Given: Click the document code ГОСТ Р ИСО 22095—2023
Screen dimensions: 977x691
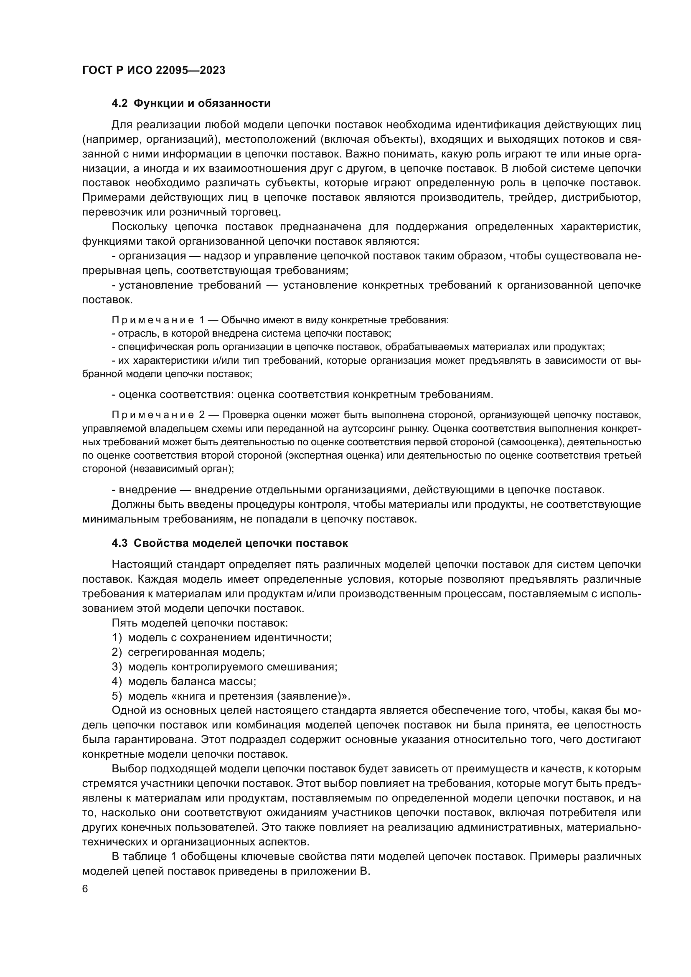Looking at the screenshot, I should click(154, 71).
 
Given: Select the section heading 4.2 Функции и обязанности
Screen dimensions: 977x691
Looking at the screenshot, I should click(191, 104).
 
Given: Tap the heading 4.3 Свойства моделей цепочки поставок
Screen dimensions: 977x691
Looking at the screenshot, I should click(229, 543).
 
